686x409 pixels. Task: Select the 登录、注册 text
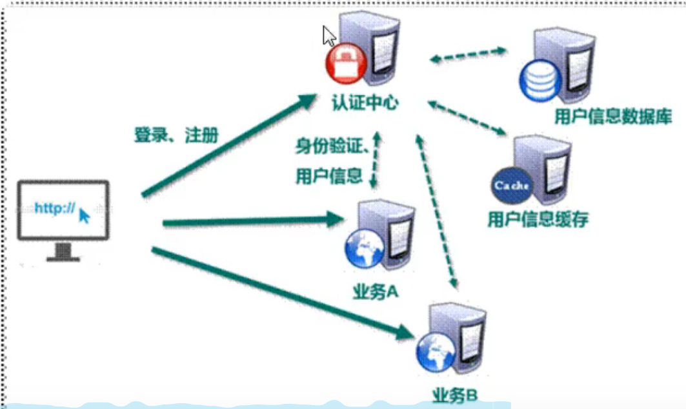(176, 135)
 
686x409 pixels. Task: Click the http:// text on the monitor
(54, 208)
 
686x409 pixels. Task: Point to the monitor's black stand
(63, 252)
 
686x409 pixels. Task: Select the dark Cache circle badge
(511, 186)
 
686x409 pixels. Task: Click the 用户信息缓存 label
(538, 219)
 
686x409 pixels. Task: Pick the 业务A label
(376, 292)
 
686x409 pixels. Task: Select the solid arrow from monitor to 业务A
(252, 222)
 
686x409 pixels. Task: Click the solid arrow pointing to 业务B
(277, 290)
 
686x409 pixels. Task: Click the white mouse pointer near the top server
(329, 35)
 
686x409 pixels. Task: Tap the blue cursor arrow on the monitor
(85, 215)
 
